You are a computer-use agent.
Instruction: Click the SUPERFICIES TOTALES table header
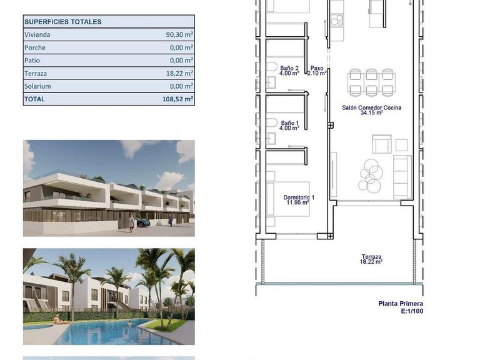[62, 22]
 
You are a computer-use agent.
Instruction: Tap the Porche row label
[35, 47]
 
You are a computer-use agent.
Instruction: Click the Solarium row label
[37, 86]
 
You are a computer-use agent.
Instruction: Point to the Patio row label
[33, 61]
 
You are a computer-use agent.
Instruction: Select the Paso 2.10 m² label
[317, 71]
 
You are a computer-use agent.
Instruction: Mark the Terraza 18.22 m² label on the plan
[371, 259]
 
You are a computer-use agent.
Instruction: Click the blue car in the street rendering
[143, 221]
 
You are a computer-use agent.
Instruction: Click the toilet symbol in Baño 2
[271, 67]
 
